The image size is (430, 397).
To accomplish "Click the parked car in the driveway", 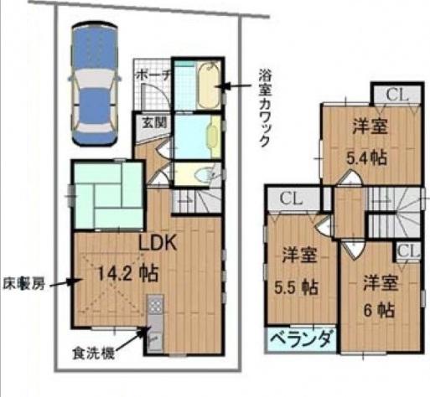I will point(94,84).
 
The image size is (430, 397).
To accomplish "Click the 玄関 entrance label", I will point(151,122).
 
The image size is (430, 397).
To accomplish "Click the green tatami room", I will point(107,193).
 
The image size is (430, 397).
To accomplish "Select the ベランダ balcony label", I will point(301,340).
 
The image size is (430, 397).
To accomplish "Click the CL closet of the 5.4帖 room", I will point(396,95).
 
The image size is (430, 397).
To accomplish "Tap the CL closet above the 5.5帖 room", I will point(291,198).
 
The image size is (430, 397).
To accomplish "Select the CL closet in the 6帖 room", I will point(407,250).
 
